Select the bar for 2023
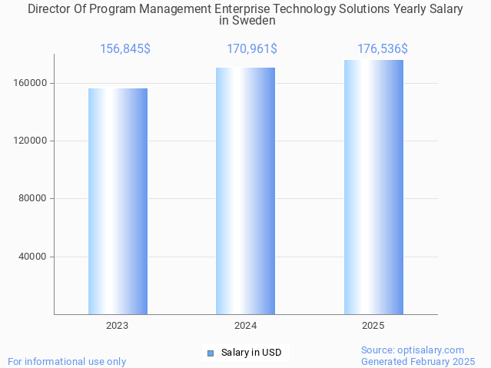(118, 201)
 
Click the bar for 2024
(245, 191)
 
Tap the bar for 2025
(373, 187)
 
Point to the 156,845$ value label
(125, 49)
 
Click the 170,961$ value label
(252, 49)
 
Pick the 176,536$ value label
(382, 49)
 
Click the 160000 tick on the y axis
(33, 83)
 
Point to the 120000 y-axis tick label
(33, 141)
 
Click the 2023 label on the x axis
(118, 326)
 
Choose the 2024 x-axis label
(245, 326)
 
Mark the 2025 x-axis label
(373, 326)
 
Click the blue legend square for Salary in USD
(210, 353)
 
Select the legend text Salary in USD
(251, 353)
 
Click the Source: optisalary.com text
(413, 350)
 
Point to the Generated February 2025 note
(418, 361)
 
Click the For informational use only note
(67, 361)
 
